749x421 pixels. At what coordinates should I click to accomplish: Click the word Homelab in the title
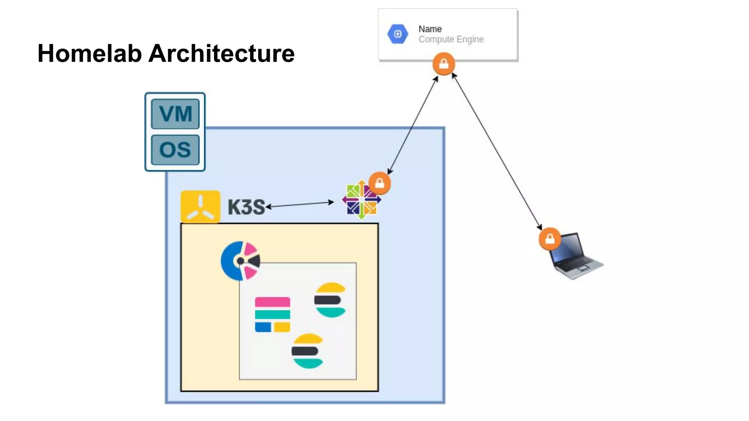(90, 53)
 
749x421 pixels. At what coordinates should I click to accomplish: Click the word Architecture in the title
(221, 53)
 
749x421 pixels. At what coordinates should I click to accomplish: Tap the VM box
(175, 114)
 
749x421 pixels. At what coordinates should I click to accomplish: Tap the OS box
(175, 149)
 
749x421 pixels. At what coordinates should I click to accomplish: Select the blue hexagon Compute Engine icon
(398, 34)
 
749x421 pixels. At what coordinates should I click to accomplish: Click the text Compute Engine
(451, 39)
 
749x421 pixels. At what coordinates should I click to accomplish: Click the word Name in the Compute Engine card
(430, 29)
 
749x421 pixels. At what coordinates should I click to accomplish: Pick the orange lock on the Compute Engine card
(444, 64)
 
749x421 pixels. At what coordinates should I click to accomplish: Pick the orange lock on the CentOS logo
(380, 183)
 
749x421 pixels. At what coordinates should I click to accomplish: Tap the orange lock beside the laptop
(550, 239)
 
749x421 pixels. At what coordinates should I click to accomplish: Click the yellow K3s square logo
(200, 206)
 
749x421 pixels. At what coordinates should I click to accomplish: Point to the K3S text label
(246, 207)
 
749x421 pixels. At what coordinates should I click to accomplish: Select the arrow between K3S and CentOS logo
(300, 204)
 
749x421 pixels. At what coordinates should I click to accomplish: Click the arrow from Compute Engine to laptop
(497, 152)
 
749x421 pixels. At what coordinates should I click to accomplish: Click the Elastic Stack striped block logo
(272, 314)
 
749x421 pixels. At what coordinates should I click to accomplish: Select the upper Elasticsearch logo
(330, 300)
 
